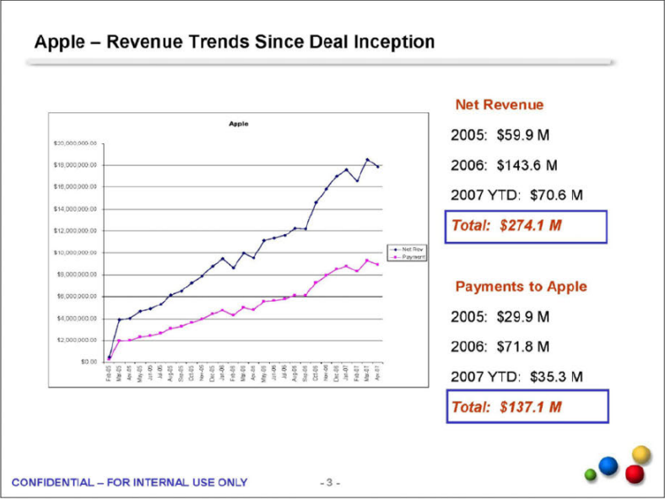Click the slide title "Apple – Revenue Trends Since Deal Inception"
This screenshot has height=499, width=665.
235,41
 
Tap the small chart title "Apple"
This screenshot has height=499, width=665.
239,124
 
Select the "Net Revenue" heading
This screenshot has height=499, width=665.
500,105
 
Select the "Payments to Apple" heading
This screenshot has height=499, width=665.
521,287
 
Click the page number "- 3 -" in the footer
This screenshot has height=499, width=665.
330,483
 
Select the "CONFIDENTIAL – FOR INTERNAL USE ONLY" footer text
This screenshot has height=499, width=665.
130,482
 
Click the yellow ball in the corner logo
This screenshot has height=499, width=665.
641,454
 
